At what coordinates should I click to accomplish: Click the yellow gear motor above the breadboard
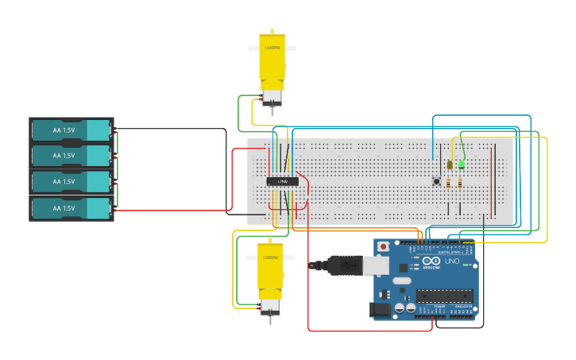pos(272,68)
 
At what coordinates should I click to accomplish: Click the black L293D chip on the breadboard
pos(282,181)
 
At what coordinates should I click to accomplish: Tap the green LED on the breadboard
pos(462,165)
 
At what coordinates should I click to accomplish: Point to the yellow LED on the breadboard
pos(450,165)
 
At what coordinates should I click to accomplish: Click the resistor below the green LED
pos(460,183)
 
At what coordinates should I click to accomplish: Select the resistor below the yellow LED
pos(448,183)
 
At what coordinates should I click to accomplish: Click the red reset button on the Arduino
pos(384,246)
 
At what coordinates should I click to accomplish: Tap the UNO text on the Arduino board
pos(450,261)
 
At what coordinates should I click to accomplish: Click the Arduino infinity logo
pos(431,261)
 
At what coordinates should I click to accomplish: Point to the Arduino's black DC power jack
pos(381,309)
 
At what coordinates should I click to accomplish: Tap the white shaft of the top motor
pos(273,48)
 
